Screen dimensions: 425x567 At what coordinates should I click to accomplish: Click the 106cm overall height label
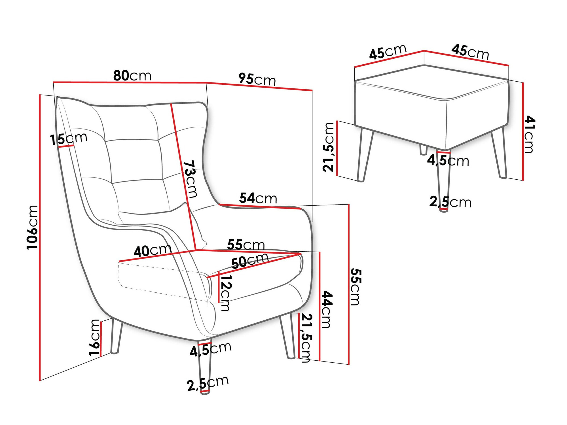click(32, 227)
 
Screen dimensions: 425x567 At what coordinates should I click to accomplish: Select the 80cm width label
click(132, 76)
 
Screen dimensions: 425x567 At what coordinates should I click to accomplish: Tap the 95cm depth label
click(257, 79)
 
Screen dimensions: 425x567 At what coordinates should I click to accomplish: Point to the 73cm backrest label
click(190, 179)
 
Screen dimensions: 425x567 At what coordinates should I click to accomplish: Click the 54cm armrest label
click(258, 198)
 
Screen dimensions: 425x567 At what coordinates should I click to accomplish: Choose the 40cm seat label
click(153, 250)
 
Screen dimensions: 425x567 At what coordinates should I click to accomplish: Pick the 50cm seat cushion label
click(250, 260)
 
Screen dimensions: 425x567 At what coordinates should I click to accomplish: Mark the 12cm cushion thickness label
click(226, 293)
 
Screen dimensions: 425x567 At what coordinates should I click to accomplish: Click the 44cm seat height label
click(327, 309)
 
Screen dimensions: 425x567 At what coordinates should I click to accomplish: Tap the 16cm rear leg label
click(95, 337)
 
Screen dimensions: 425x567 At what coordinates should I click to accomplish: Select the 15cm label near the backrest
click(69, 139)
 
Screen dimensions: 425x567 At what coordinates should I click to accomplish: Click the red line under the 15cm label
click(66, 146)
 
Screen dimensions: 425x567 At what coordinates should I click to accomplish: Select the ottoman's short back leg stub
click(423, 150)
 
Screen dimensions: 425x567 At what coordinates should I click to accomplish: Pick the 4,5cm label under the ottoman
click(448, 161)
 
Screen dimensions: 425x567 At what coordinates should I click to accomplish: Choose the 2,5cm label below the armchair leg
click(208, 383)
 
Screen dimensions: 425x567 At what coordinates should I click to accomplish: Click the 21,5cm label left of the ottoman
click(329, 147)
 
